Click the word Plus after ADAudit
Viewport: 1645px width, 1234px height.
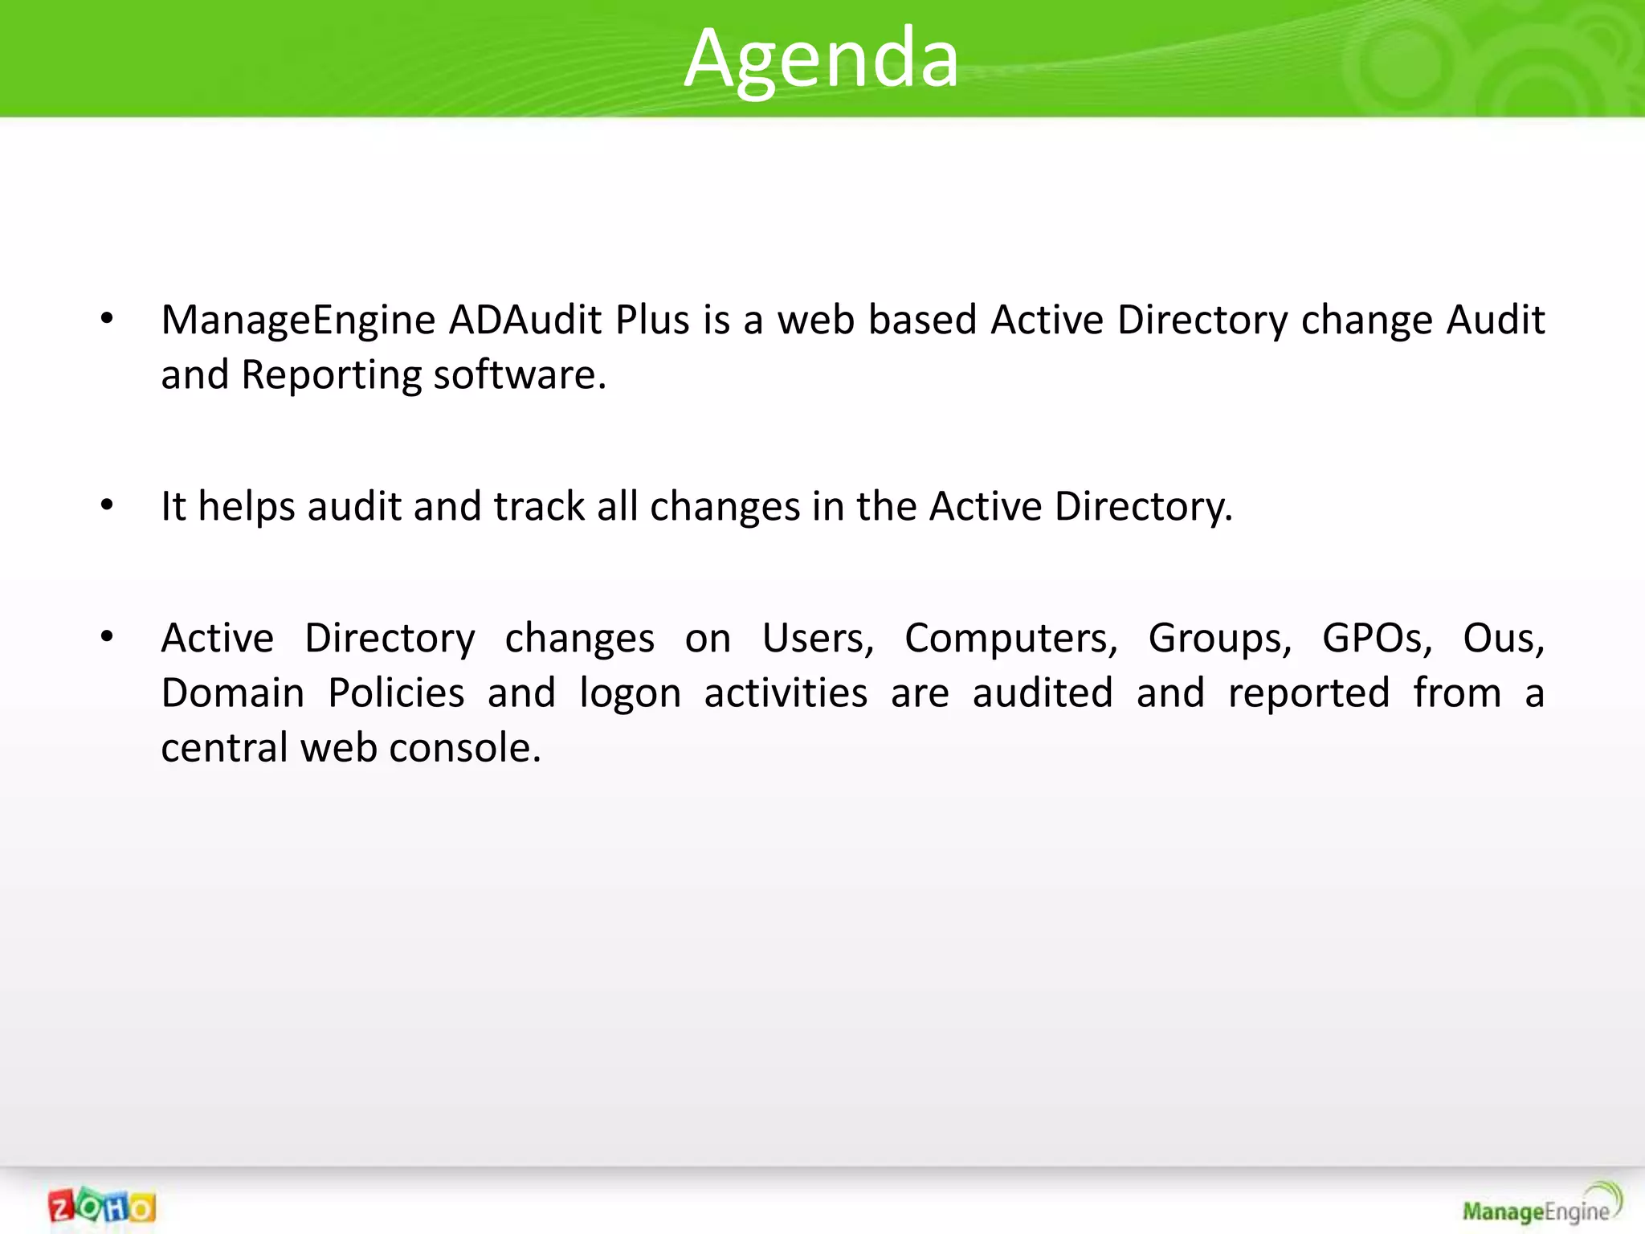(652, 320)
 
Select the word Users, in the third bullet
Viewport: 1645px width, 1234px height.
(818, 639)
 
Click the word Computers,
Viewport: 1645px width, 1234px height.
(1010, 639)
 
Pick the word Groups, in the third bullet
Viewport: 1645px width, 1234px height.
(1219, 639)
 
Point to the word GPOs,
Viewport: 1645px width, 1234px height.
(1377, 639)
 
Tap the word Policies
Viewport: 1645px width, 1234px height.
(396, 693)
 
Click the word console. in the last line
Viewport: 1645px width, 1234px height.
(465, 748)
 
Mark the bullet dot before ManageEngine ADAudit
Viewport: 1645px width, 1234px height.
(107, 320)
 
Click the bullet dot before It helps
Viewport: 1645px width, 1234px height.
(107, 506)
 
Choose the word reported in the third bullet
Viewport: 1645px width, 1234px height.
(1308, 693)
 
